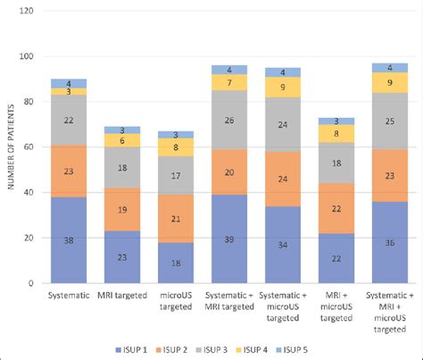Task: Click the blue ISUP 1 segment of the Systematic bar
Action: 69,239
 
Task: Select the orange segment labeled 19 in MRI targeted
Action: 122,209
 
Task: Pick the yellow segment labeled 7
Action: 229,82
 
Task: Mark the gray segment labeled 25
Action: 389,121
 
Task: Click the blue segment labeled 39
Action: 229,239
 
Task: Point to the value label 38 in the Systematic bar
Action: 69,240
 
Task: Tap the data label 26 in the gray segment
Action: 229,120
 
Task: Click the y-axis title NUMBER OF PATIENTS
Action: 12,147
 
